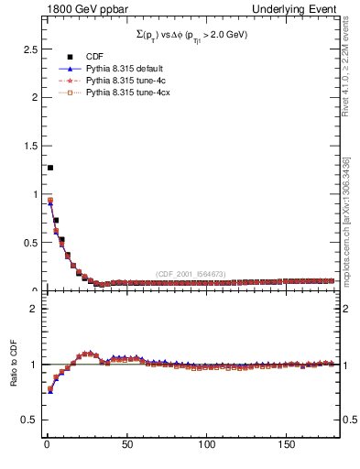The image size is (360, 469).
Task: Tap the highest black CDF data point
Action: coord(50,168)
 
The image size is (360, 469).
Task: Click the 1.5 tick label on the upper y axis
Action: coord(27,146)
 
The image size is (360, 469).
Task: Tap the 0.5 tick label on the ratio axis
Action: coord(27,420)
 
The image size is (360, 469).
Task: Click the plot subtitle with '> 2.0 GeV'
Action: coord(190,34)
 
